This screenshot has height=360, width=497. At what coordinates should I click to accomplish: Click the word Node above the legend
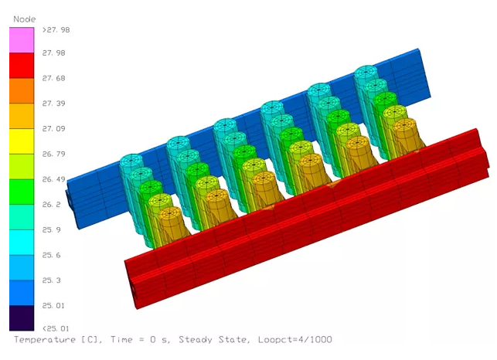tap(24, 18)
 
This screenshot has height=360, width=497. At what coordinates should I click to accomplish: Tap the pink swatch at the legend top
tap(22, 40)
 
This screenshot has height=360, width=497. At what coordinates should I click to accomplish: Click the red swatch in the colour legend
tap(22, 66)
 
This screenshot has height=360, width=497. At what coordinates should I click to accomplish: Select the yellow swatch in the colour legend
tap(22, 141)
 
